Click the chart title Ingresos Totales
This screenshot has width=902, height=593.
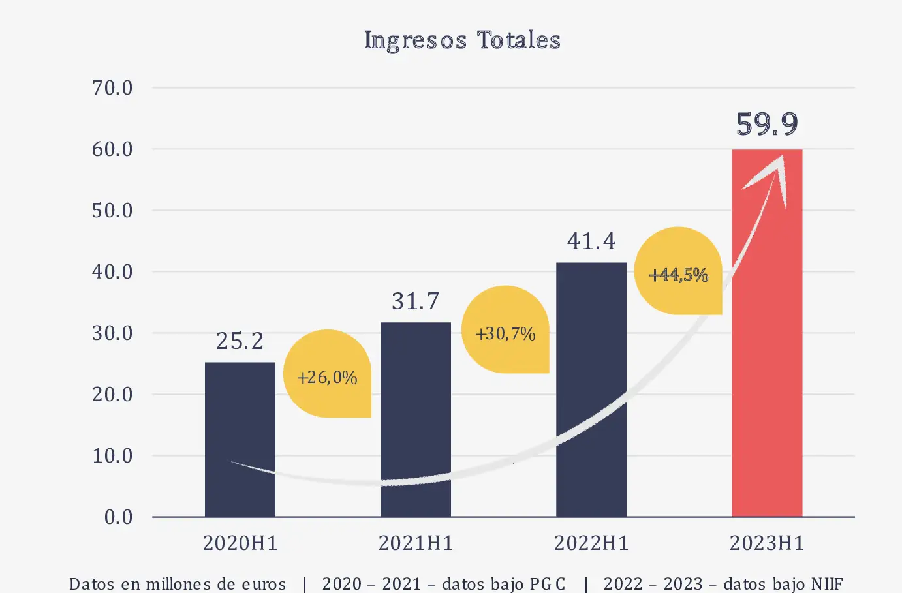(x=462, y=40)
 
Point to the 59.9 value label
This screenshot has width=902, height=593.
(x=767, y=124)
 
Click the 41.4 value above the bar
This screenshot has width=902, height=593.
(x=591, y=241)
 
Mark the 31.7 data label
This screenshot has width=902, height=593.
(x=416, y=301)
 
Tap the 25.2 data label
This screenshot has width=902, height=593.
(x=240, y=341)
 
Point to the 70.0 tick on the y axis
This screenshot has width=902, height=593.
(x=112, y=88)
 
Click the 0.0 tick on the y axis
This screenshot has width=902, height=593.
(x=118, y=517)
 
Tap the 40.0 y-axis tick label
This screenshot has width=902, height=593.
(x=112, y=272)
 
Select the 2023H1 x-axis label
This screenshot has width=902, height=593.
(x=767, y=543)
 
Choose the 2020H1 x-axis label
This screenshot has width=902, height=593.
(x=240, y=543)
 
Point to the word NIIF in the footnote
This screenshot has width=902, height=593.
(x=827, y=583)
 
